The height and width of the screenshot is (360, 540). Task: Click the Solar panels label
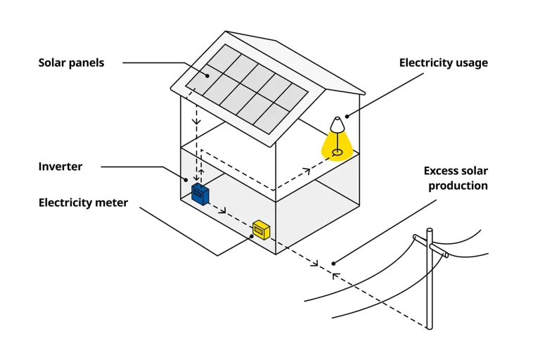pyautogui.click(x=71, y=63)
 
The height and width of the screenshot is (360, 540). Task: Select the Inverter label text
pyautogui.click(x=60, y=167)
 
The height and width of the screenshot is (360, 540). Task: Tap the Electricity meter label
pyautogui.click(x=83, y=202)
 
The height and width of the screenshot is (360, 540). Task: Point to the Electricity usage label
pyautogui.click(x=443, y=63)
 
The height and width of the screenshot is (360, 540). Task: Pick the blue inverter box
pyautogui.click(x=200, y=193)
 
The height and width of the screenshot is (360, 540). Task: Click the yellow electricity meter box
pyautogui.click(x=261, y=229)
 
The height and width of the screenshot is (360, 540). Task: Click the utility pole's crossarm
pyautogui.click(x=430, y=243)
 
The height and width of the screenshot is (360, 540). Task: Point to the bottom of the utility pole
pyautogui.click(x=430, y=326)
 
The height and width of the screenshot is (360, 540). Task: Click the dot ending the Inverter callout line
pyautogui.click(x=186, y=180)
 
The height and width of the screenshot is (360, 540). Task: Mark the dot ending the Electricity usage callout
pyautogui.click(x=347, y=114)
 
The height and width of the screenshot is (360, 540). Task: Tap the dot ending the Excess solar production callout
pyautogui.click(x=334, y=264)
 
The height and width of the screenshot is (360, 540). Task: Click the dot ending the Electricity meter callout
pyautogui.click(x=252, y=236)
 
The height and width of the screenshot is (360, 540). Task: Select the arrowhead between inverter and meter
pyautogui.click(x=224, y=210)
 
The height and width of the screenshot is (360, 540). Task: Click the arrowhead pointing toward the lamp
pyautogui.click(x=306, y=169)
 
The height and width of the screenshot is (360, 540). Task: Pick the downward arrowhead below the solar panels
pyautogui.click(x=197, y=121)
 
